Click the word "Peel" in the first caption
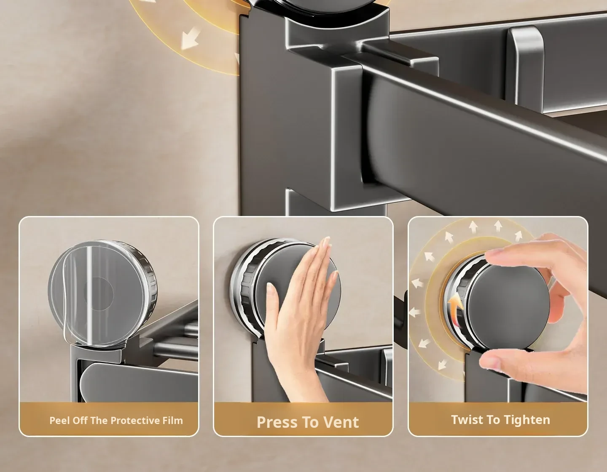tap(59, 420)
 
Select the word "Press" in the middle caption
tap(277, 422)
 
